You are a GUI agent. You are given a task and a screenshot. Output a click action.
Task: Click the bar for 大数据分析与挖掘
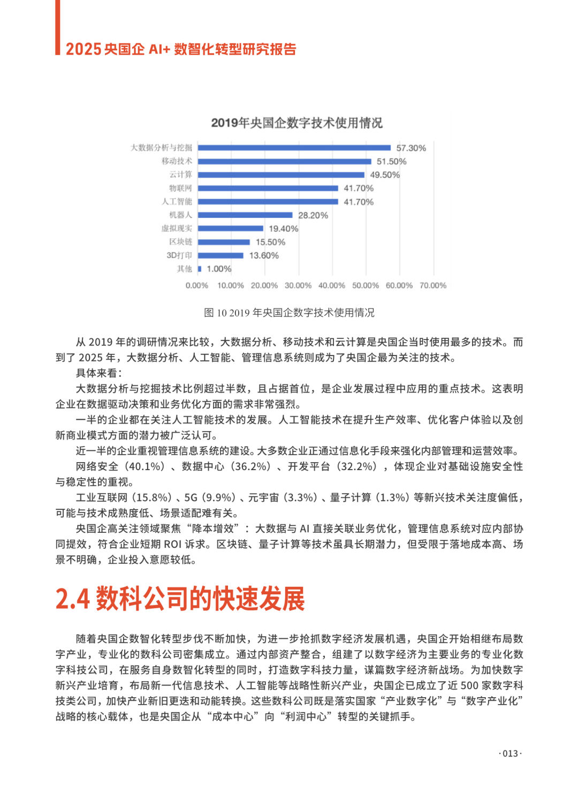coord(294,148)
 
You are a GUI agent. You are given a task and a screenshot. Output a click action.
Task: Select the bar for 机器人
coord(245,215)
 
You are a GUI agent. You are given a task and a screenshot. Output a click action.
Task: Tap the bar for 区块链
coord(224,242)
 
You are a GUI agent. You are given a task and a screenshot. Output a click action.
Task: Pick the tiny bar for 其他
coord(200,269)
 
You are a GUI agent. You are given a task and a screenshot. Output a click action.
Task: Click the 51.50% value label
coord(391,161)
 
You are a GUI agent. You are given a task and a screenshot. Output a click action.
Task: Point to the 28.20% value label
coord(313,215)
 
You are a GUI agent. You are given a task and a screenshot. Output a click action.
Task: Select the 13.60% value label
coord(264,255)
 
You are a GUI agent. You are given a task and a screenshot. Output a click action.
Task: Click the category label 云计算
coord(180,175)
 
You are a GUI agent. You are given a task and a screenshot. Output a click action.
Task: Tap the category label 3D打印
coord(179,255)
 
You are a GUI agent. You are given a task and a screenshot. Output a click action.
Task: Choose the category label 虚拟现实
coord(177,229)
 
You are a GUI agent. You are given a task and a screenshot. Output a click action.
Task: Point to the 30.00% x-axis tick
coord(298,285)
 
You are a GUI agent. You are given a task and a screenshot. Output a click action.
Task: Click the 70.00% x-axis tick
coord(433,285)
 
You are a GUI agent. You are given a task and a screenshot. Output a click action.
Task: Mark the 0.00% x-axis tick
coord(197,285)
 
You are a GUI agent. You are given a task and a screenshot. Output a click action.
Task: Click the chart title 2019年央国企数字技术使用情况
coord(296,123)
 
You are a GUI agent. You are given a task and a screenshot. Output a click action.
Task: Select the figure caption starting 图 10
coord(289,313)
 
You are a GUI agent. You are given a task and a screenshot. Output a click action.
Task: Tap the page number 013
coord(510,753)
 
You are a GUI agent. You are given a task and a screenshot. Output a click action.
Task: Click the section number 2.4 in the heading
coord(73,599)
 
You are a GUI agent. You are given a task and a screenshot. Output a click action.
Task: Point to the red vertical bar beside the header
coord(58,27)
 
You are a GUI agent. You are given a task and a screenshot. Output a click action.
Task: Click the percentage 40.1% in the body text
coord(146,466)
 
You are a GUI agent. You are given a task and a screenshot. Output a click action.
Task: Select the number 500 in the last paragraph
coord(469,685)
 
